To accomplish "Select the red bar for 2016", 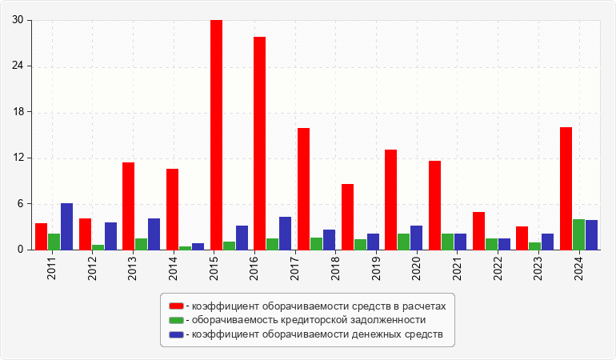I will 260,143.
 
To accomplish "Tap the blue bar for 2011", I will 66,226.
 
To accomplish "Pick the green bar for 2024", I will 578,234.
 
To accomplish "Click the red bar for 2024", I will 566,188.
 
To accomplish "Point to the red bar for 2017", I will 303,189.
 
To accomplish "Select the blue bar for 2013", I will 154,234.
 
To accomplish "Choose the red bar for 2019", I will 390,199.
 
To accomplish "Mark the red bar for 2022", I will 478,230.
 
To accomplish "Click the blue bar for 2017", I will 285,233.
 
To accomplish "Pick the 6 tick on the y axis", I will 22,204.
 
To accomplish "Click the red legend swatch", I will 176,306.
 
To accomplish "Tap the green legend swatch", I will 176,320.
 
